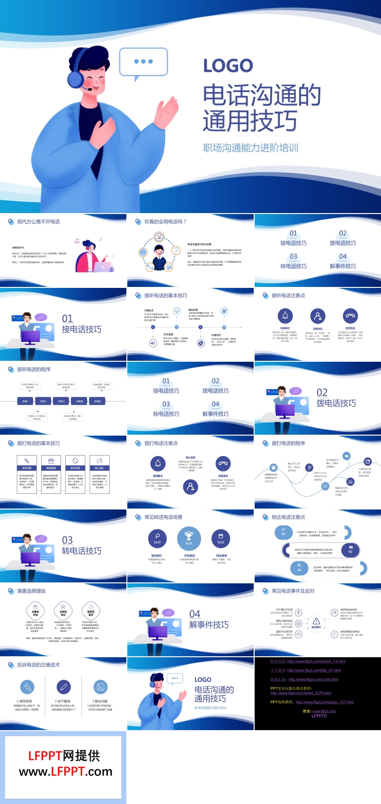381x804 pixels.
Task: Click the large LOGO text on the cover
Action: (x=228, y=66)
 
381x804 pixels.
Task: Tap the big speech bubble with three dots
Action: (x=143, y=62)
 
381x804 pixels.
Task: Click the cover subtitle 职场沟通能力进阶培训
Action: (x=250, y=148)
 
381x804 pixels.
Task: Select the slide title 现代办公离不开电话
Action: (x=38, y=222)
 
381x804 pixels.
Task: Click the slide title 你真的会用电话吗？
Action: (x=165, y=222)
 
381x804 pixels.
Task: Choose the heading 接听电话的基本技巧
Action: (x=166, y=295)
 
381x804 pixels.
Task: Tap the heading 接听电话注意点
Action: (x=288, y=295)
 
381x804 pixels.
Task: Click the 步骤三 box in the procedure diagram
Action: (x=62, y=401)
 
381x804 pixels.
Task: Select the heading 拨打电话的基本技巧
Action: (x=38, y=443)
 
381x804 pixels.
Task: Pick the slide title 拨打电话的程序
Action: (x=288, y=443)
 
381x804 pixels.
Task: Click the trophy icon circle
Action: (x=189, y=538)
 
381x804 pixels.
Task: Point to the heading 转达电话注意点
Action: (x=288, y=517)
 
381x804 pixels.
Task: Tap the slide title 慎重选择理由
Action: (x=31, y=591)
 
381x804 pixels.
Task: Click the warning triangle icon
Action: (x=316, y=621)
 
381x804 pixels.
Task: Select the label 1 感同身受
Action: (x=25, y=701)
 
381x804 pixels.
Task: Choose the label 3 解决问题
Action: (x=100, y=701)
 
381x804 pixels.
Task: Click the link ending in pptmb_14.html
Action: (x=316, y=661)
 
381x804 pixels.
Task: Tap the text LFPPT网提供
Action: (x=64, y=756)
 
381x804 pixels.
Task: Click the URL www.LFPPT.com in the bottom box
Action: (x=66, y=772)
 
